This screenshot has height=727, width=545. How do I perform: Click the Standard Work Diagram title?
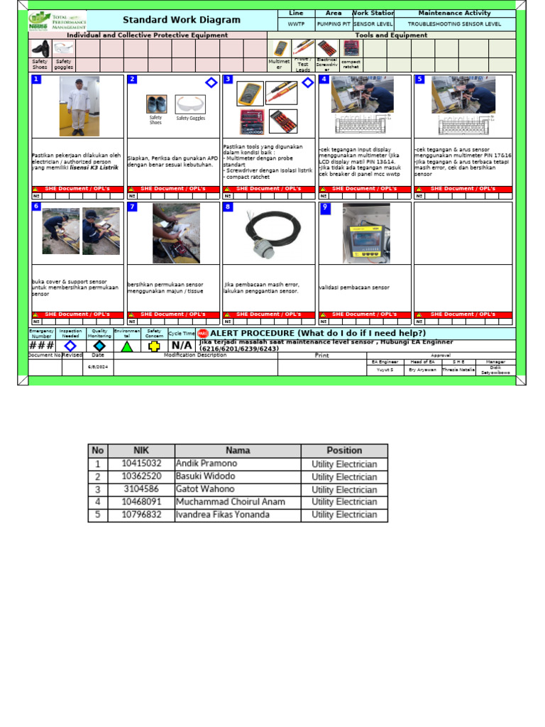pyautogui.click(x=182, y=20)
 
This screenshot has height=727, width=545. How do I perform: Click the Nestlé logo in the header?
pyautogui.click(x=40, y=20)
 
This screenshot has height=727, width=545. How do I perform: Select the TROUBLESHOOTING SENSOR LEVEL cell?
pyautogui.click(x=454, y=23)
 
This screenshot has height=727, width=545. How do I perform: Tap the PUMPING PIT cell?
pyautogui.click(x=334, y=23)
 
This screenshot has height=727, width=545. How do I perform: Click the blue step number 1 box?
pyautogui.click(x=36, y=79)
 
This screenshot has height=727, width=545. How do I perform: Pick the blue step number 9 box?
pyautogui.click(x=325, y=207)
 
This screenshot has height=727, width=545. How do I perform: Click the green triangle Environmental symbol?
pyautogui.click(x=126, y=346)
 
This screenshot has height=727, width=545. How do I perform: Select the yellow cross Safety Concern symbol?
pyautogui.click(x=154, y=346)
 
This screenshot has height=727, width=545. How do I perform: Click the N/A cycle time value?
pyautogui.click(x=181, y=346)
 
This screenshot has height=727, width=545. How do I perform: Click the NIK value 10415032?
pyautogui.click(x=141, y=464)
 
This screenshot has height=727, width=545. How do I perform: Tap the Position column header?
pyautogui.click(x=344, y=451)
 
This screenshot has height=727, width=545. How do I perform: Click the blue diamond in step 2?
pyautogui.click(x=211, y=83)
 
